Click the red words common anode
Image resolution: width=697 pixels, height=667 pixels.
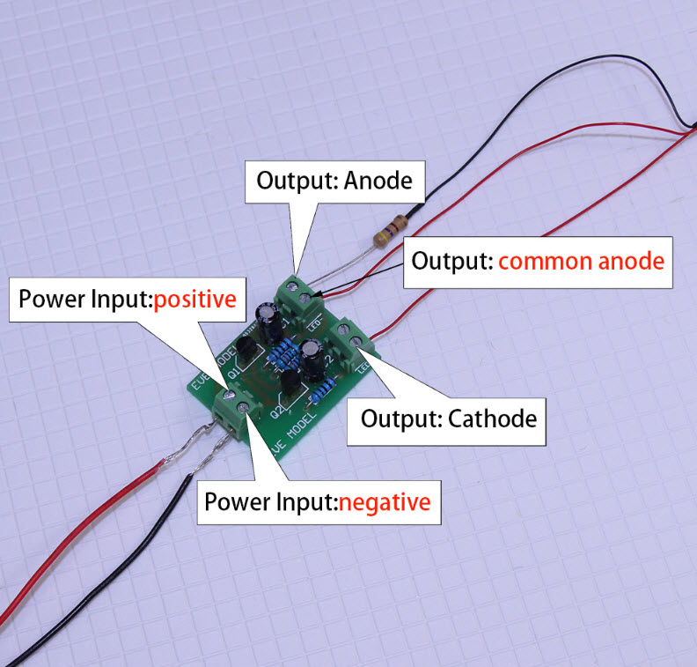(x=580, y=262)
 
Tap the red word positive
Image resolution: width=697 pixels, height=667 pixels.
(x=194, y=299)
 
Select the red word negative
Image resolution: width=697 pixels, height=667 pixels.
(x=385, y=502)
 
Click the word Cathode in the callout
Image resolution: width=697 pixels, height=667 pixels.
(x=492, y=418)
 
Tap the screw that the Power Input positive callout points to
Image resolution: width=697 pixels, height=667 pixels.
(x=228, y=408)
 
